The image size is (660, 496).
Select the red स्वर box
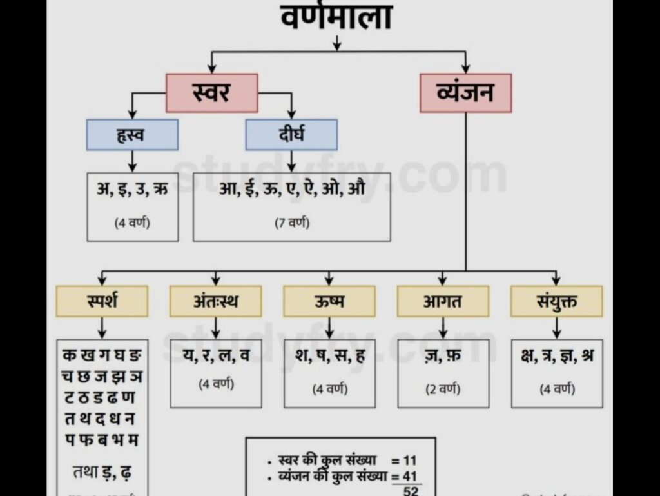click(x=211, y=93)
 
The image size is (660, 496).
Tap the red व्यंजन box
click(x=465, y=93)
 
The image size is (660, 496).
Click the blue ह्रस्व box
click(x=132, y=135)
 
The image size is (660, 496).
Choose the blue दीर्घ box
click(x=291, y=135)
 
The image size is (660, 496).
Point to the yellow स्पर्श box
click(x=102, y=301)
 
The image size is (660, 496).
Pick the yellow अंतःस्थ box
click(x=215, y=301)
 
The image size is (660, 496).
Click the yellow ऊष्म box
click(x=329, y=301)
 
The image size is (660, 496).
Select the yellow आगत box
click(x=443, y=301)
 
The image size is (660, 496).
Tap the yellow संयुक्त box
click(x=557, y=301)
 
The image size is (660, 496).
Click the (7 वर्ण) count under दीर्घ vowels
click(x=291, y=223)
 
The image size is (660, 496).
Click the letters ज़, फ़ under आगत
click(x=443, y=356)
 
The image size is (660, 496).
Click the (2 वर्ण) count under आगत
click(x=443, y=390)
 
